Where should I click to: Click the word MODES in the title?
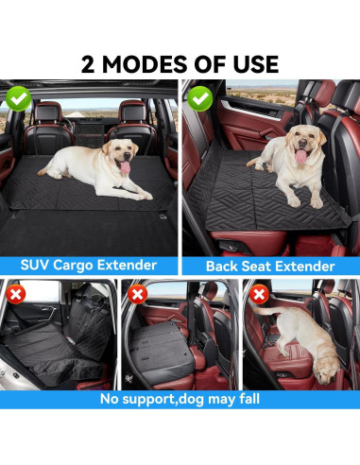[x=142, y=64]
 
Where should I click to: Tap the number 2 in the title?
[x=89, y=64]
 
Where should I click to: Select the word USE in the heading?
[x=254, y=64]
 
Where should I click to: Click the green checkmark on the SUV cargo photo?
[x=17, y=97]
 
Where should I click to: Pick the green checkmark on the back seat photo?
[x=198, y=97]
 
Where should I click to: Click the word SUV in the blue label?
[x=44, y=266]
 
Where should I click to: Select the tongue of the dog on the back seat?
[x=300, y=158]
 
